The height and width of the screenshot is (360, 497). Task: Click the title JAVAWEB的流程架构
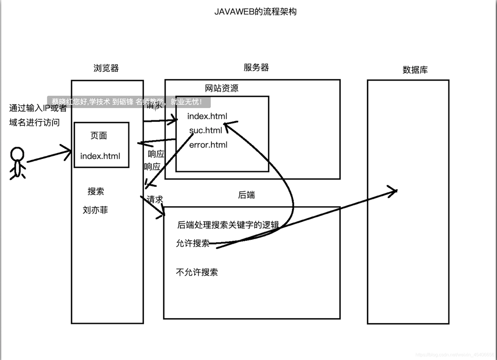pos(255,12)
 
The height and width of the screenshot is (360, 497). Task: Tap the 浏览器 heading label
pos(106,68)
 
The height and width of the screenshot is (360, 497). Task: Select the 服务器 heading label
pos(256,68)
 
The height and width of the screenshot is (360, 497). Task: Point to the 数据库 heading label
pos(415,70)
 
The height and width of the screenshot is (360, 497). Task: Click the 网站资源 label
pos(222,88)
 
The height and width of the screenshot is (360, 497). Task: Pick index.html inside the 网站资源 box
pos(207,116)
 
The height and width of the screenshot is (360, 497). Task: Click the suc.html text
pos(206,130)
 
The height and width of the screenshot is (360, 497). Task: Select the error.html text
pos(208,145)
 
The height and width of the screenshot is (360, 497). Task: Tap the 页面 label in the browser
pos(99,135)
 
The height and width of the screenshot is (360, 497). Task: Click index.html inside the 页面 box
pos(100,156)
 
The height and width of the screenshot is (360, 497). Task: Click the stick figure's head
pos(17,154)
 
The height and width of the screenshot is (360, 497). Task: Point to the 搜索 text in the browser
pos(96,191)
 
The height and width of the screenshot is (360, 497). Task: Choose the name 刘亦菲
pos(95,210)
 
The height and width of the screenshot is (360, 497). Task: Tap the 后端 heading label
pos(246,195)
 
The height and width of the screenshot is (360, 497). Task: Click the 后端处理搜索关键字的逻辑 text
pos(228,225)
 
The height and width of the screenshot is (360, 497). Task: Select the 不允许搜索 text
pos(197,272)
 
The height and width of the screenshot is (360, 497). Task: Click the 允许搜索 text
pos(193,243)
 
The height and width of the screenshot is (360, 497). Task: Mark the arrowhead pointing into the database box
pos(395,191)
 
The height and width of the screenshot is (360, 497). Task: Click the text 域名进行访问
pos(34,123)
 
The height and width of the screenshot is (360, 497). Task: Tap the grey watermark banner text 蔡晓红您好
pos(70,102)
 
